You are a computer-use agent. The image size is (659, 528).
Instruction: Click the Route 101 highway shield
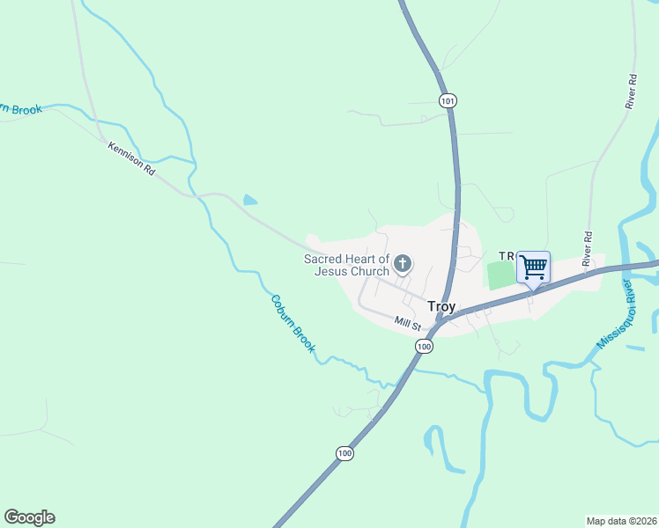pos(448,101)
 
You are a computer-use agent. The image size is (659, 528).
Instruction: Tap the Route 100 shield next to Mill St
pos(425,347)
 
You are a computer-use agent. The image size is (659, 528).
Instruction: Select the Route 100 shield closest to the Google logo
pos(344,453)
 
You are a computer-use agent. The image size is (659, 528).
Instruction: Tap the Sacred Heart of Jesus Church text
pos(346,265)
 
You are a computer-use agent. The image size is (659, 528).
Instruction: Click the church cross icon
pos(403,263)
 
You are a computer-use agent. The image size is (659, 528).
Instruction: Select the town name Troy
pos(441,306)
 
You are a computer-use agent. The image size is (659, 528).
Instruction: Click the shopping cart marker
pos(533,267)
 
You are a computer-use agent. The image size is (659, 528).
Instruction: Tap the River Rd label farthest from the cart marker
pos(631,92)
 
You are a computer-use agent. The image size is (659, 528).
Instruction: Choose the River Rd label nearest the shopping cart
pos(587,249)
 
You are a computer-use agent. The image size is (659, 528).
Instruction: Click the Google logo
pos(29,517)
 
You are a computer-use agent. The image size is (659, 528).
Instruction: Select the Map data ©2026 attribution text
pos(621,521)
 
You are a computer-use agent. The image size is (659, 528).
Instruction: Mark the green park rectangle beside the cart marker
pos(501,275)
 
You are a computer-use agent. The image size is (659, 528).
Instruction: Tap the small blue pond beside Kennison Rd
pos(250,201)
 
